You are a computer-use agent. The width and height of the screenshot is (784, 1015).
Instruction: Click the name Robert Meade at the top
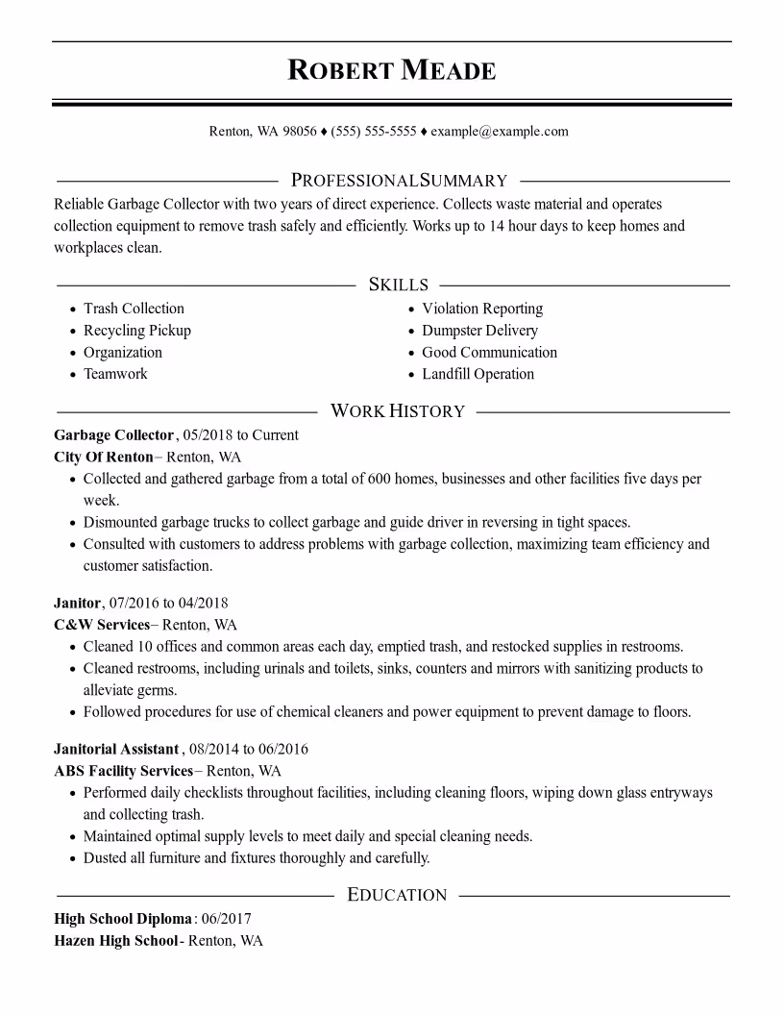392,70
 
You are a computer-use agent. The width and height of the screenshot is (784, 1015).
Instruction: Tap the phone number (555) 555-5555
374,132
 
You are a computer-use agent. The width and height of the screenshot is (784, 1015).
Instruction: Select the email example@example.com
500,132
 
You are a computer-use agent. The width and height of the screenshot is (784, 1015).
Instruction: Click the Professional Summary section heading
399,181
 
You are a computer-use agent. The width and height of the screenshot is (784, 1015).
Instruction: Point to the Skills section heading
399,285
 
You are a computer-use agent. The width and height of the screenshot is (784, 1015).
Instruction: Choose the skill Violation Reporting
482,309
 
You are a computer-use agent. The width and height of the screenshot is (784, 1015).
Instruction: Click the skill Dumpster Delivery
479,331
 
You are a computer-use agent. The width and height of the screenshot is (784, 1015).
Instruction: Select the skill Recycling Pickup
137,331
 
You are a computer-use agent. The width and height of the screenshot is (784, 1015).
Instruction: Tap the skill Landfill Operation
478,375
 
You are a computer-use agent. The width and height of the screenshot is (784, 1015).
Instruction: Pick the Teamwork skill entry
115,375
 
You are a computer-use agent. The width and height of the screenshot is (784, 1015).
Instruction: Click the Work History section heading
398,411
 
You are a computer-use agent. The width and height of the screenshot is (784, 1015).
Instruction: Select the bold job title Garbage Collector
114,435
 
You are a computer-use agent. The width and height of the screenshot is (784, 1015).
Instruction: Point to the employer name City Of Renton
104,457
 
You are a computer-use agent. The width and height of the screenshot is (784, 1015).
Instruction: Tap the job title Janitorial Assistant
117,749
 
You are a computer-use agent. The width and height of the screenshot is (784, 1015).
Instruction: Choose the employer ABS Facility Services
124,771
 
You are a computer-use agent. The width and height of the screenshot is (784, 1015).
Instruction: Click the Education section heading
397,896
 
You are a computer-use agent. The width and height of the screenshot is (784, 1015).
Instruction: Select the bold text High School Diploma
123,920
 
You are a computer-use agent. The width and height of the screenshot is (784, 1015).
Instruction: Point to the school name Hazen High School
116,941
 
